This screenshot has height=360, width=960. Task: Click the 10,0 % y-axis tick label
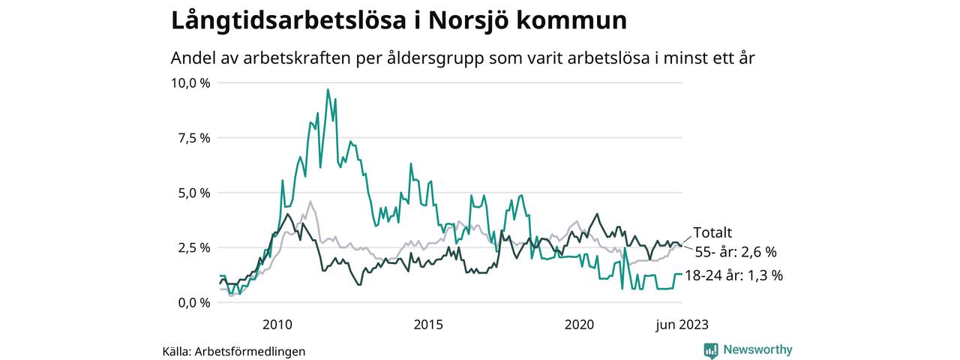(x=191, y=82)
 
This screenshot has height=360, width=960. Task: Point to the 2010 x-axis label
(x=277, y=325)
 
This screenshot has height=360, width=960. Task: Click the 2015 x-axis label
(x=427, y=325)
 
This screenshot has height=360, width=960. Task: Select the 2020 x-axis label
(x=578, y=325)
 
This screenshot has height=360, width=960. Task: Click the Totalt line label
(x=712, y=232)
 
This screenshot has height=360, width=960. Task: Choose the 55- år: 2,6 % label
(x=736, y=252)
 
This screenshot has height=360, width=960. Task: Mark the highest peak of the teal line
(x=328, y=90)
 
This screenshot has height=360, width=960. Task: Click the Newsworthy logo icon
(x=711, y=349)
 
